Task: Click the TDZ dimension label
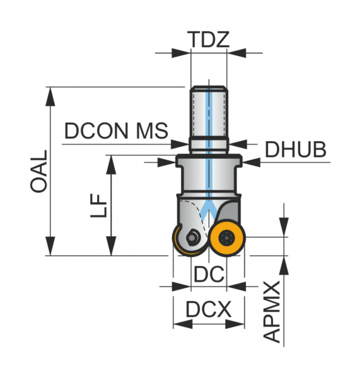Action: coord(209,39)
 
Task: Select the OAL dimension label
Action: coord(38,171)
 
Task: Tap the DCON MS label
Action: coord(116,130)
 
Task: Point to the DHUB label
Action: coord(296,149)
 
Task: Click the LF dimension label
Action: coord(98,205)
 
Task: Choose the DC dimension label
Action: coord(209,274)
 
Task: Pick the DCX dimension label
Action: coord(209,309)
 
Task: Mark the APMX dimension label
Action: coord(272,312)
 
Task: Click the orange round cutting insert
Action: coord(228,238)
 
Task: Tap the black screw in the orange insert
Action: coord(226,238)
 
